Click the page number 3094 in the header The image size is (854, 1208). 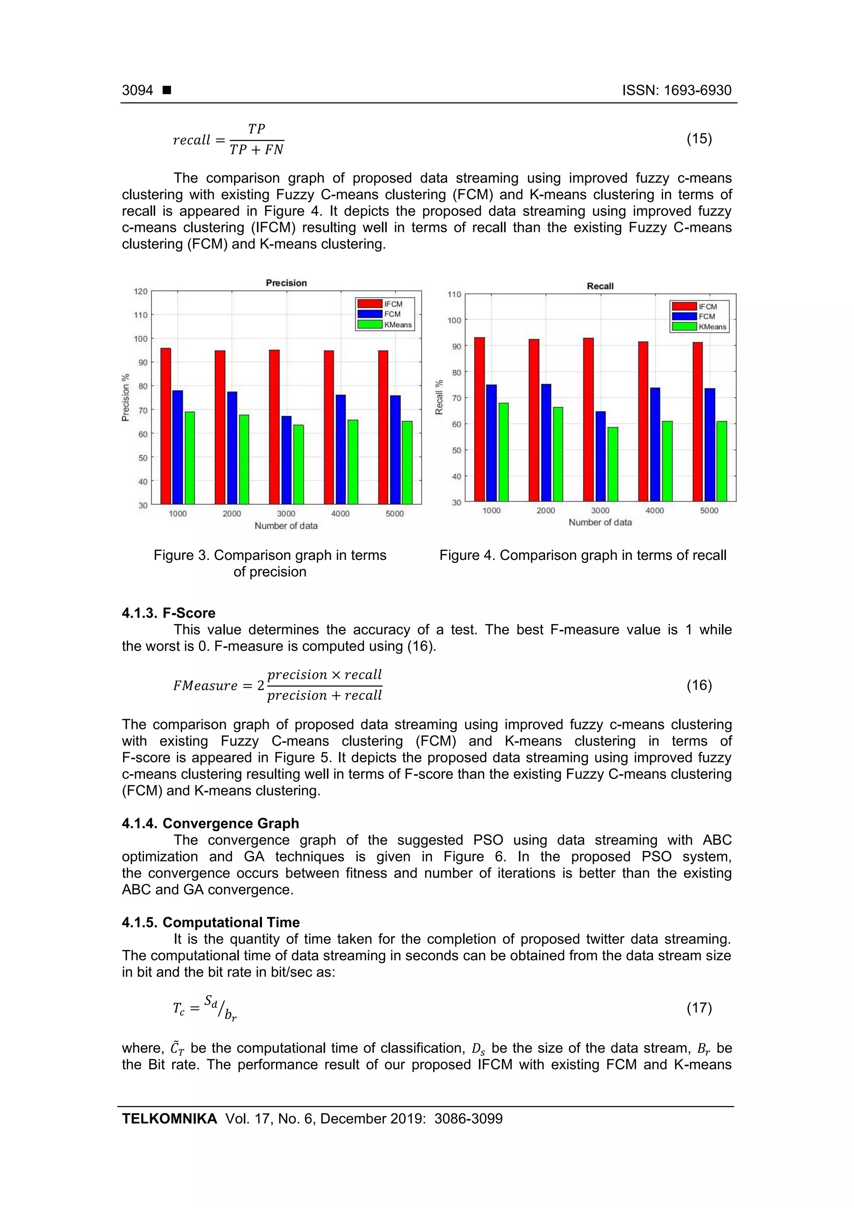[x=137, y=90]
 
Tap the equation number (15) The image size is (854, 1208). [x=699, y=138]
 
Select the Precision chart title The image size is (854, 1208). [x=286, y=283]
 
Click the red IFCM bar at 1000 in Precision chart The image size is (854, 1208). [x=166, y=426]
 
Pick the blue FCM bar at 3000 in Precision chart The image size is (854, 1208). [x=286, y=460]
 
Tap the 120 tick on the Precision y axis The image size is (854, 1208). [x=141, y=291]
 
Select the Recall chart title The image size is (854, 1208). [x=600, y=286]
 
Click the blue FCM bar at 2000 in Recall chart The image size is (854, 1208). [x=546, y=442]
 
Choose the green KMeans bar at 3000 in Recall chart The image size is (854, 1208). [x=613, y=464]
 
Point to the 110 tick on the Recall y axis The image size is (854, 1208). [x=454, y=295]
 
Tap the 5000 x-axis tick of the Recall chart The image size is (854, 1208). [x=709, y=510]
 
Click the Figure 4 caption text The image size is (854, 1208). [x=583, y=555]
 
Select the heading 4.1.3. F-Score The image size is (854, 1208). [x=168, y=613]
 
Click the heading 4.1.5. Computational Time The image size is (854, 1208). [x=211, y=922]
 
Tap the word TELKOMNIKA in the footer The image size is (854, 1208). [x=169, y=1119]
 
